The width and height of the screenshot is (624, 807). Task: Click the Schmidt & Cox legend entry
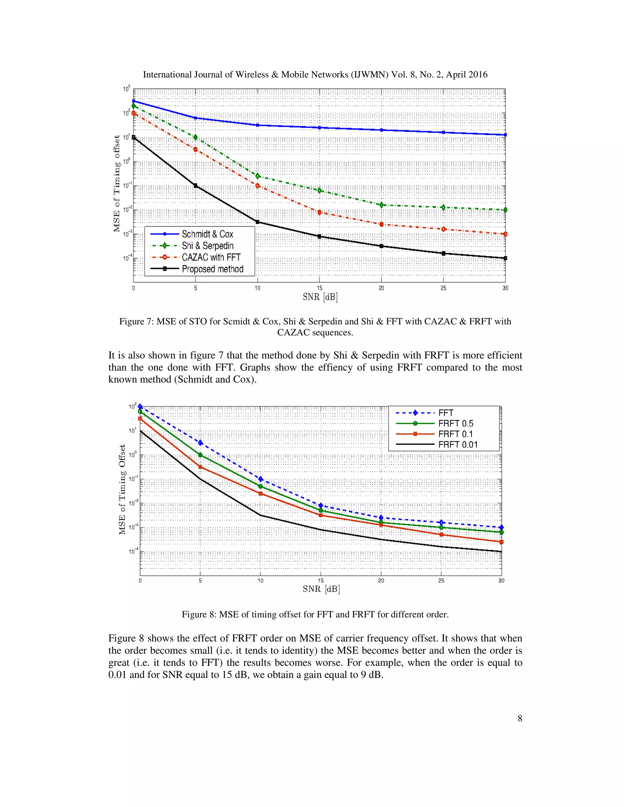(x=207, y=234)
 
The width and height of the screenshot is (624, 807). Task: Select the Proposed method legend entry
(x=213, y=269)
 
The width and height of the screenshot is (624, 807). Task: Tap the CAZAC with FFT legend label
(x=211, y=257)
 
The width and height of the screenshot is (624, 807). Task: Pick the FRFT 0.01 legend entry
(x=458, y=445)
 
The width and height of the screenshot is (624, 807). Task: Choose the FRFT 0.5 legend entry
(x=456, y=424)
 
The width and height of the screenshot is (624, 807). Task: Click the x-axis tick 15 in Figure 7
(x=319, y=288)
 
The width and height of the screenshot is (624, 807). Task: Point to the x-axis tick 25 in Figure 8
(x=441, y=580)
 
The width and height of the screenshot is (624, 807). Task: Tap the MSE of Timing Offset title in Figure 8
(x=122, y=490)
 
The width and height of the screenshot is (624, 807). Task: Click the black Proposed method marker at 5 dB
(x=196, y=185)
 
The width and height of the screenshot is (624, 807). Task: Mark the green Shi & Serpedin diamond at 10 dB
(x=258, y=176)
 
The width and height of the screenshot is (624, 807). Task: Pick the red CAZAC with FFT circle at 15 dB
(x=319, y=212)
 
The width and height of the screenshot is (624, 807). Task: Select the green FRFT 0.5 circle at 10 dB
(x=261, y=486)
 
